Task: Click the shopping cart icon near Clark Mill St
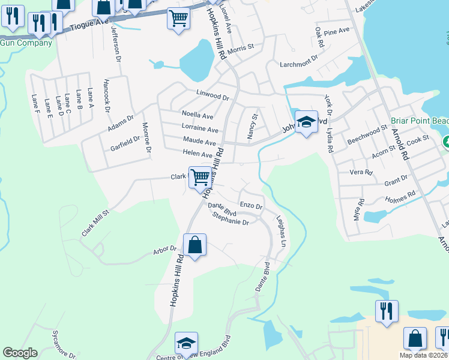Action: [x=199, y=177]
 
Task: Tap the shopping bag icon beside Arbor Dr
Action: [x=194, y=245]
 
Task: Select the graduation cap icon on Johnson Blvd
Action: [x=306, y=122]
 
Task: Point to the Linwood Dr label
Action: [x=213, y=96]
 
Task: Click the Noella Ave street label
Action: [x=197, y=115]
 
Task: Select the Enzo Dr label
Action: [x=251, y=206]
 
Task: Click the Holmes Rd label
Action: [x=400, y=197]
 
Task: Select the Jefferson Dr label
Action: [x=115, y=46]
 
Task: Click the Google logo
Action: [x=20, y=353]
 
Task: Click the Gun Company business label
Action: [x=26, y=43]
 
